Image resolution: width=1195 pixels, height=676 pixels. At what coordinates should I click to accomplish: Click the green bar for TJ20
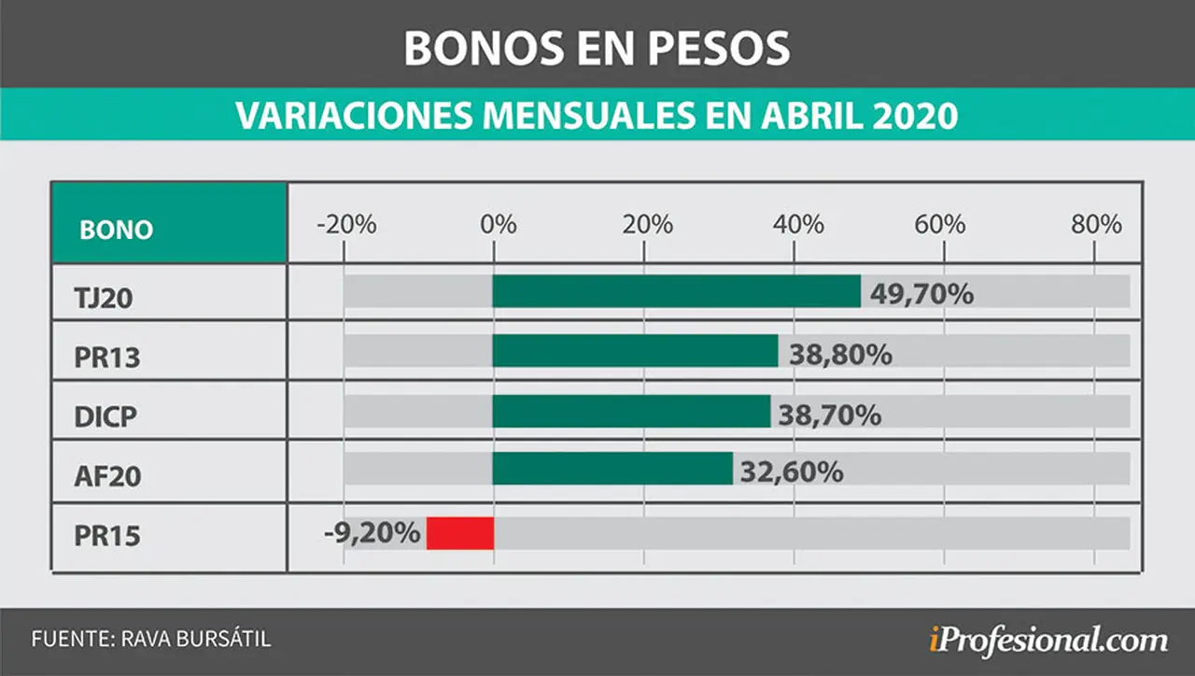[x=677, y=291]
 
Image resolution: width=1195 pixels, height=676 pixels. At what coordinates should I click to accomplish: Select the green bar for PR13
[x=636, y=351]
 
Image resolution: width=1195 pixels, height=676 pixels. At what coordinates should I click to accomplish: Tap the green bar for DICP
[x=632, y=412]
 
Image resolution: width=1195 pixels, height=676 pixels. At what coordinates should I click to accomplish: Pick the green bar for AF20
[x=613, y=469]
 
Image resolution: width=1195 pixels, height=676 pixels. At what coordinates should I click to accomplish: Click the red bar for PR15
[x=460, y=533]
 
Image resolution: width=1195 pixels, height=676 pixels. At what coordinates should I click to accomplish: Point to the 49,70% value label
[x=921, y=294]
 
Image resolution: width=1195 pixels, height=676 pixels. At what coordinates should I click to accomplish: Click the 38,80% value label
[x=841, y=354]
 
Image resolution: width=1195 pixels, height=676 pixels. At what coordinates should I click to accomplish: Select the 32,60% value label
[x=792, y=472]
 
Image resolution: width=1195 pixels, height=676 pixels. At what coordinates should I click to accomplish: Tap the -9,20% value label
[x=373, y=532]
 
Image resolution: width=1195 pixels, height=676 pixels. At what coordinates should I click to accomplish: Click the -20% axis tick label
[x=346, y=225]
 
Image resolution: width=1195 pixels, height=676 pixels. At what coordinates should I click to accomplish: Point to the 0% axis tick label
[x=499, y=225]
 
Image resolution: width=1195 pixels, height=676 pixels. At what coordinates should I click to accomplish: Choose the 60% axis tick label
[x=940, y=225]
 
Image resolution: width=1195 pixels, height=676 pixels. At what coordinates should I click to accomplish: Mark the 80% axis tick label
[x=1096, y=225]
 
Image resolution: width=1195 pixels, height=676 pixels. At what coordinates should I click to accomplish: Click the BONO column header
[x=117, y=230]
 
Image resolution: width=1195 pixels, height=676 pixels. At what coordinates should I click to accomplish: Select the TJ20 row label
[x=104, y=298]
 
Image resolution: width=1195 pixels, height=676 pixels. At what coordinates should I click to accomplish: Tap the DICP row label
[x=105, y=416]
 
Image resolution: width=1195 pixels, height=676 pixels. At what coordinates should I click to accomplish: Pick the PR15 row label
[x=107, y=536]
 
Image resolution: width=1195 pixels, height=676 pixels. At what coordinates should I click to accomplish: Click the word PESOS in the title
[x=719, y=48]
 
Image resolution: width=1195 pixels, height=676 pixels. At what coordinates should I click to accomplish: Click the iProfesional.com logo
[x=1048, y=640]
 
